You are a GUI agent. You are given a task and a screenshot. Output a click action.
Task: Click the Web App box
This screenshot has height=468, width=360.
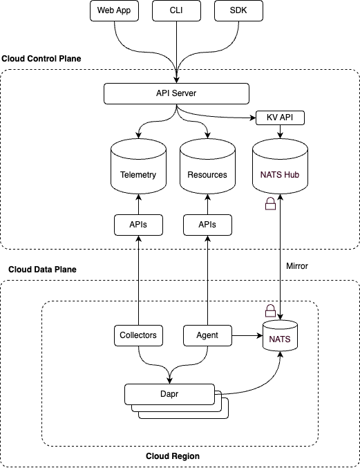(114, 11)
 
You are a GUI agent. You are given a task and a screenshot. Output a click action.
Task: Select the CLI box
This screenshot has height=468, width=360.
(176, 11)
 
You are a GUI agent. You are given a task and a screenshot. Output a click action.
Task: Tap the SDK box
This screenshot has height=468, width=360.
(238, 11)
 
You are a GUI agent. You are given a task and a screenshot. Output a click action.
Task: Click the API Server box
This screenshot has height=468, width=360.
(176, 94)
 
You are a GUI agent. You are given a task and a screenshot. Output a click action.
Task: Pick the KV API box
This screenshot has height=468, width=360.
(280, 118)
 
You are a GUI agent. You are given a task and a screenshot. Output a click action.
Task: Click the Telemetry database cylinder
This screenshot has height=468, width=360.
(138, 166)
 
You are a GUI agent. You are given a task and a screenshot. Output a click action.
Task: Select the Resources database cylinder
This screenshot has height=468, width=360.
(207, 166)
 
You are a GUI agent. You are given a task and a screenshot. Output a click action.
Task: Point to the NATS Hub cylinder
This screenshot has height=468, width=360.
(280, 166)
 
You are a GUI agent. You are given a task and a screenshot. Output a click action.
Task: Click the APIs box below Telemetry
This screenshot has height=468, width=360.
(138, 225)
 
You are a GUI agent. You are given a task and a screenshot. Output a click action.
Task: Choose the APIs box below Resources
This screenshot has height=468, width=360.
(207, 225)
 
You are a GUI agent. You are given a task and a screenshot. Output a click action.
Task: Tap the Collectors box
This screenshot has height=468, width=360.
(138, 335)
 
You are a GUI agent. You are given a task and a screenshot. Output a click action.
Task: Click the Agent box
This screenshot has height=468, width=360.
(207, 335)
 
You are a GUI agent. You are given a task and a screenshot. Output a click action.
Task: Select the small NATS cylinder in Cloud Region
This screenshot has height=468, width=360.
(280, 336)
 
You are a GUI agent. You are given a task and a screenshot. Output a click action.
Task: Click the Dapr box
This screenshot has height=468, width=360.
(169, 394)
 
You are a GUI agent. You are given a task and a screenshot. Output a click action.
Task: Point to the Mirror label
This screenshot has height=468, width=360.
(297, 266)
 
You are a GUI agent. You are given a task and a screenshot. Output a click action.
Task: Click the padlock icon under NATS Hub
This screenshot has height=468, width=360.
(271, 203)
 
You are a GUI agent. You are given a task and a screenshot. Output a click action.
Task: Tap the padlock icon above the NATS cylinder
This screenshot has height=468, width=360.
(271, 310)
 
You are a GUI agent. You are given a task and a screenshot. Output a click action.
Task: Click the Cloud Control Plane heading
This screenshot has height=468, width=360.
(41, 59)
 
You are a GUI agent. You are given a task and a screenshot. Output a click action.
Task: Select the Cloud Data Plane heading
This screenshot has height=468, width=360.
(42, 270)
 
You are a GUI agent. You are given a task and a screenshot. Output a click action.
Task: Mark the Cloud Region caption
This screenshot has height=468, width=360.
(173, 456)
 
